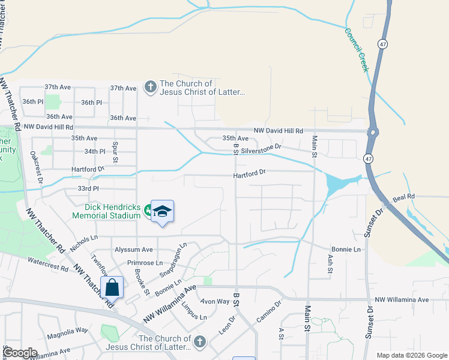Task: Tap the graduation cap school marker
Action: pyautogui.click(x=162, y=211)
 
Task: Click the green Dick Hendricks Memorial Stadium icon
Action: pyautogui.click(x=147, y=209)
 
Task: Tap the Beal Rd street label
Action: pyautogui.click(x=403, y=196)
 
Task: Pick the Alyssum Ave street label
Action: pyautogui.click(x=134, y=250)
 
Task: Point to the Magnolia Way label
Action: pyautogui.click(x=68, y=330)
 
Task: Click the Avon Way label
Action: pyautogui.click(x=215, y=301)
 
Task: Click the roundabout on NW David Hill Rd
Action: pyautogui.click(x=373, y=133)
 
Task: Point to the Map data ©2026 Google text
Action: pyautogui.click(x=411, y=355)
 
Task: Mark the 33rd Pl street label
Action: pyautogui.click(x=87, y=188)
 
